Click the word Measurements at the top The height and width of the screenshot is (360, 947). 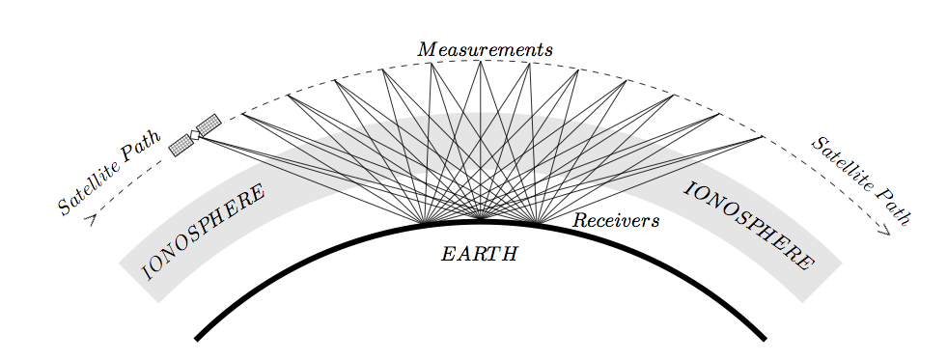click(485, 49)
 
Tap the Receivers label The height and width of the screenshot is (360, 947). click(616, 220)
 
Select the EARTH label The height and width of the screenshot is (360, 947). click(480, 254)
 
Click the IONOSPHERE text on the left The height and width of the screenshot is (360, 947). click(203, 233)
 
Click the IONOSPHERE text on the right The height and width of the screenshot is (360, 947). click(749, 225)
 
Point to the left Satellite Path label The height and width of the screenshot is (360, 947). click(110, 173)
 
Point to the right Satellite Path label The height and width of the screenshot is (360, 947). click(860, 181)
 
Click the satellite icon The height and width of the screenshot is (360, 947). click(194, 135)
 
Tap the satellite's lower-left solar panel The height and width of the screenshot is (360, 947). click(181, 146)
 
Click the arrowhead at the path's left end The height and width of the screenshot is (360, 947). click(92, 219)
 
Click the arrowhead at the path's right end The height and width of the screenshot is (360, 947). click(885, 230)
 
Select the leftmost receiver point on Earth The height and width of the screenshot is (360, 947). click(427, 221)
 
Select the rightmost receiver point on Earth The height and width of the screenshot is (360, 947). click(535, 221)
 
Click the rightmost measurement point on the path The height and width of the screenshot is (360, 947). click(764, 137)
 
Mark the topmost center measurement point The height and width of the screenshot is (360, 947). click(480, 61)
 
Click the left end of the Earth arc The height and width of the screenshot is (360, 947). click(196, 339)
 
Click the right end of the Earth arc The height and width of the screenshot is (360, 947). click(765, 339)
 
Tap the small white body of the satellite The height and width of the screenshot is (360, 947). click(195, 135)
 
